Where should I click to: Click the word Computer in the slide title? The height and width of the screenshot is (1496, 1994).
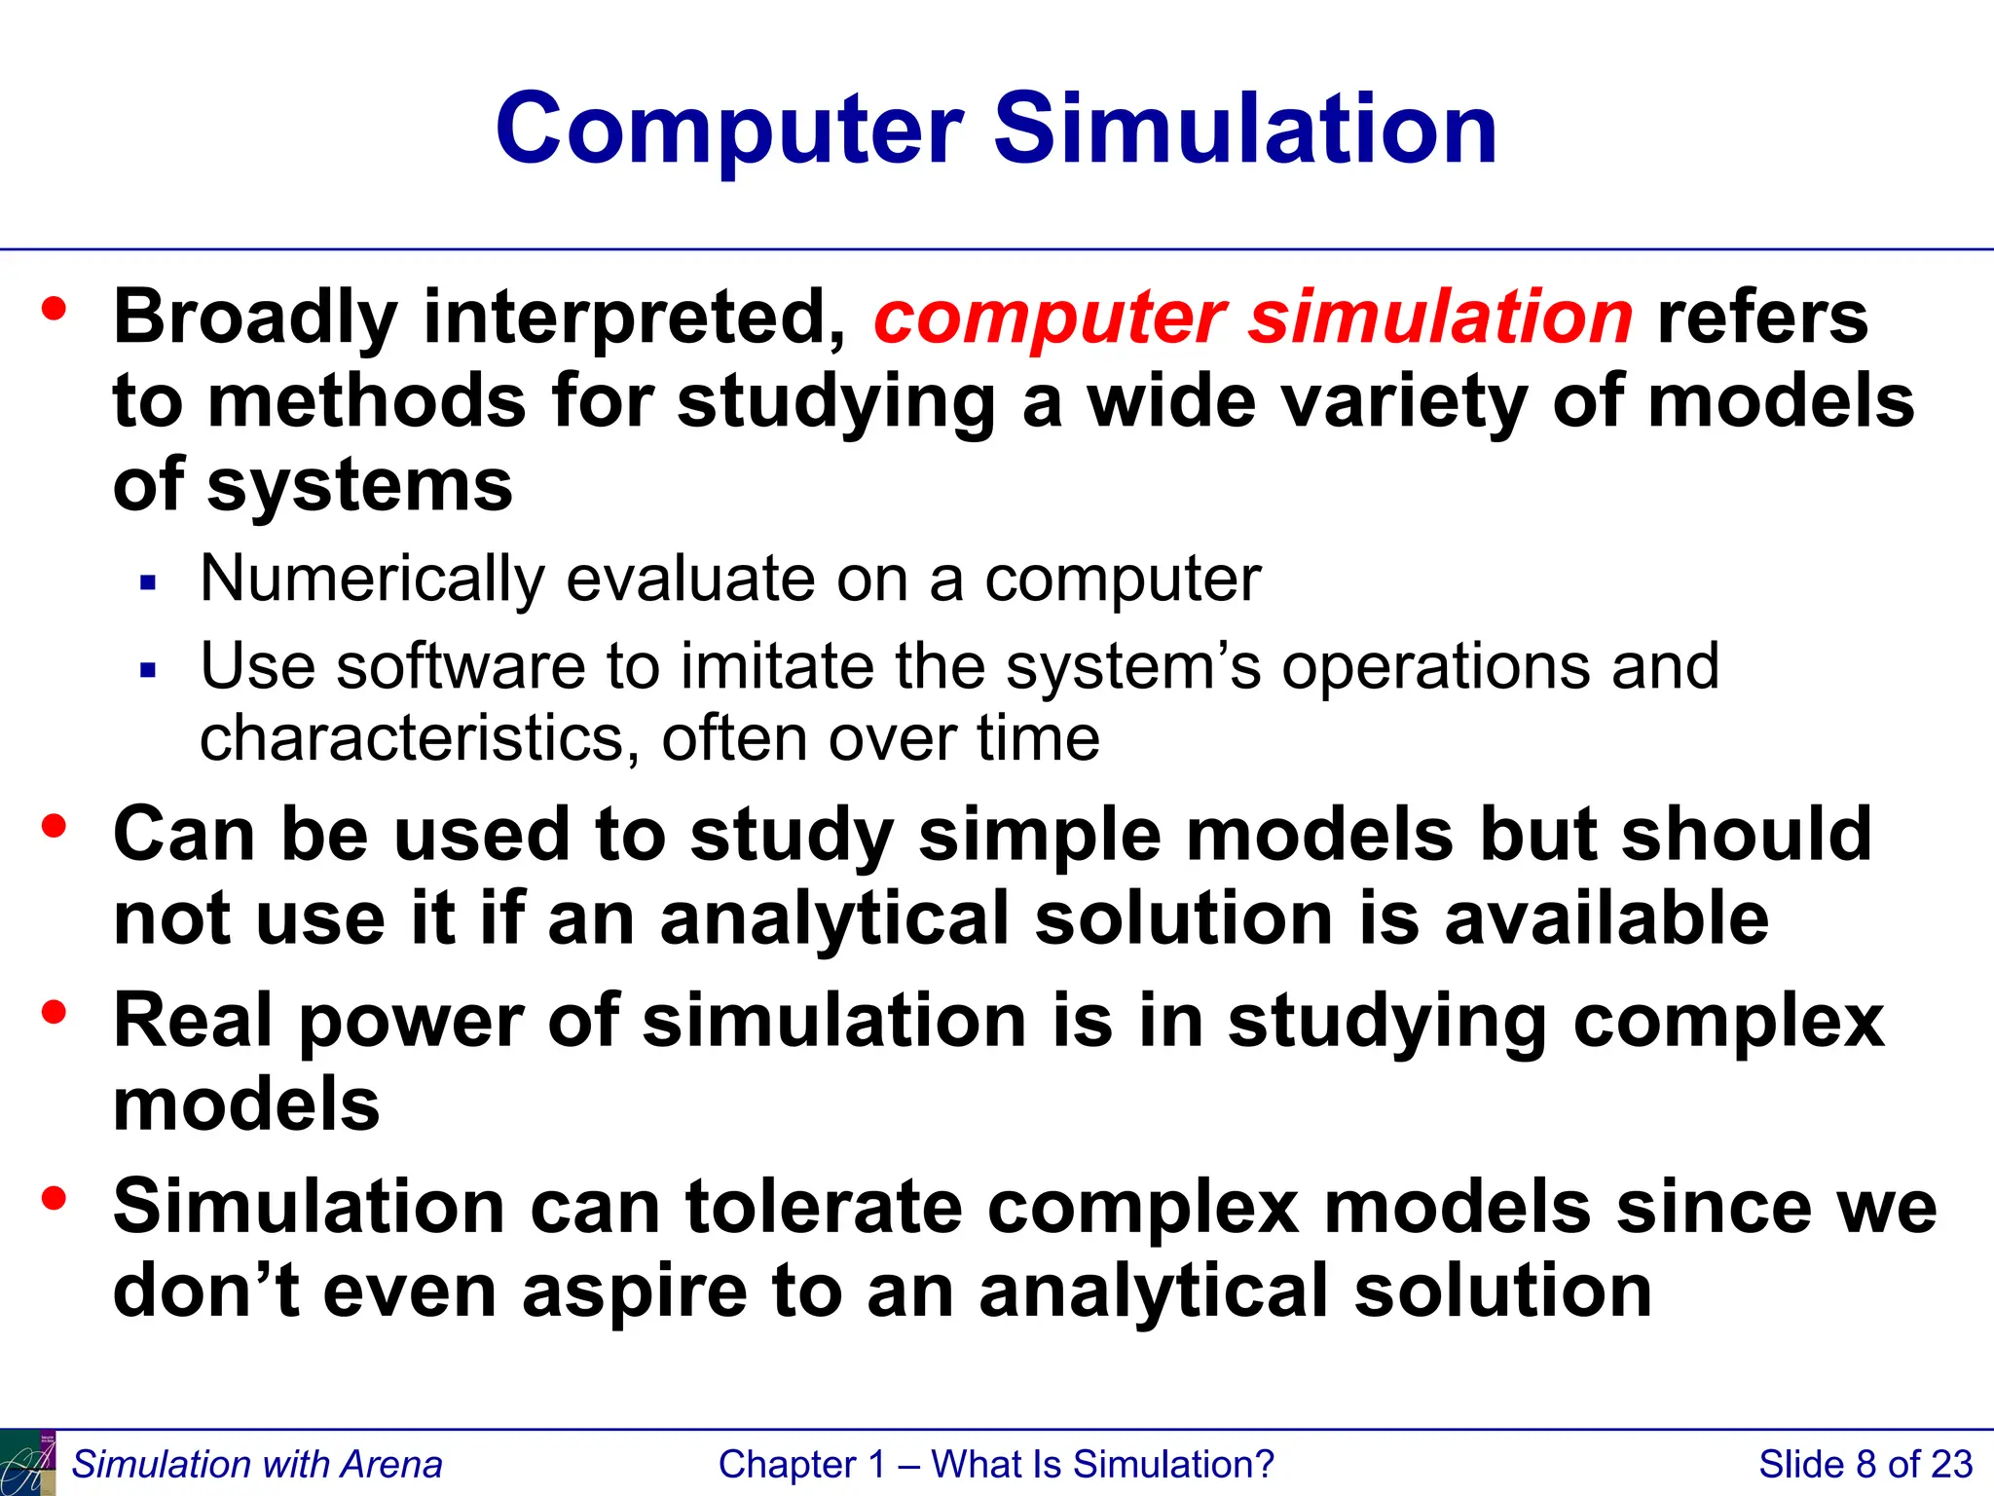click(x=729, y=130)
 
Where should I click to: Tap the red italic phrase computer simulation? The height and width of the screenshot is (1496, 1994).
click(x=1253, y=318)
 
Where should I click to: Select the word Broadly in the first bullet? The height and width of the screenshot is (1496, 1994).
click(x=255, y=318)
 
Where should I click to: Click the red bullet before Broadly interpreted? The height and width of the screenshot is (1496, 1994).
click(x=55, y=310)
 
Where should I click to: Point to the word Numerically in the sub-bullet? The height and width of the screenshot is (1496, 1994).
click(x=371, y=580)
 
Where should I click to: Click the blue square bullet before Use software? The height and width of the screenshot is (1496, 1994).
click(x=148, y=670)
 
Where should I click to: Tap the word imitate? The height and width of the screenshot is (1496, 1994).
click(x=779, y=667)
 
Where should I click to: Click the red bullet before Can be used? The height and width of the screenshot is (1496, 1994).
click(x=55, y=827)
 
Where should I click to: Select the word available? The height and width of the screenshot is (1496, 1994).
click(x=1606, y=918)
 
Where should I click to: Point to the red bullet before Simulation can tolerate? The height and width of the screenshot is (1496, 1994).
click(x=55, y=1198)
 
